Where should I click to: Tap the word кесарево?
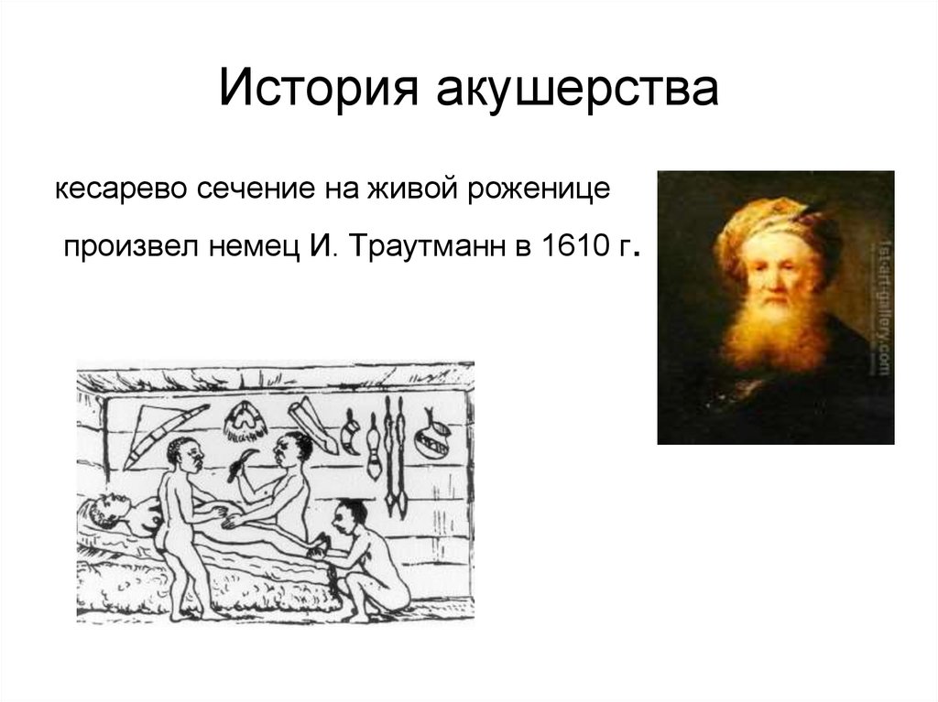point(122,189)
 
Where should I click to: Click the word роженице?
point(539,189)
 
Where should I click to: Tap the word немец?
point(255,247)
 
